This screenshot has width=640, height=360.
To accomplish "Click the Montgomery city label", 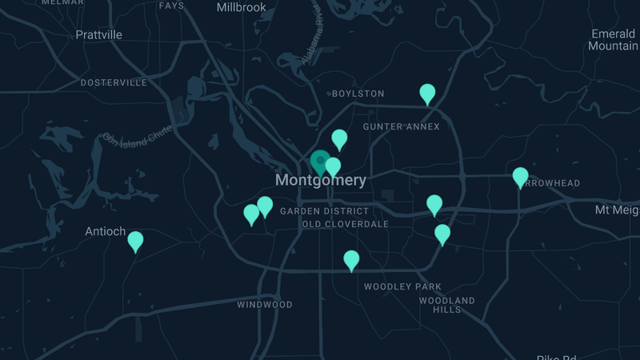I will pos(321,181).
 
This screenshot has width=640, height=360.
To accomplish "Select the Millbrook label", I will pos(241,7).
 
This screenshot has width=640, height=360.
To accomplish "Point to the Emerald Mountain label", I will pos(613,40).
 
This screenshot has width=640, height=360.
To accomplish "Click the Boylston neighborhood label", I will pos(358,94).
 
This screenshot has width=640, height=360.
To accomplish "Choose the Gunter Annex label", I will pos(401,126).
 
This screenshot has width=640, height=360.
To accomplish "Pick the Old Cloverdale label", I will pos(345,224).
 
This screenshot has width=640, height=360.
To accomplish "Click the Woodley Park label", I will pos(402,286).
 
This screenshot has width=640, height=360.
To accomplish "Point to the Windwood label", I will pos(265,305).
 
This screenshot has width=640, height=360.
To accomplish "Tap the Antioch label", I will pos(106,232).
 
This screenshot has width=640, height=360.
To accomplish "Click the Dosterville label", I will pos(114,82).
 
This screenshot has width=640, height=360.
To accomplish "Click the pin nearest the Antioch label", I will pos(135,241).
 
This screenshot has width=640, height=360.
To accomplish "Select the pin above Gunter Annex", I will pos(428,94).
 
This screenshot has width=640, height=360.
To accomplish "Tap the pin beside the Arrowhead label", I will pos(520,176).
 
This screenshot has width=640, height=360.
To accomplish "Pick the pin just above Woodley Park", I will pos(351,260).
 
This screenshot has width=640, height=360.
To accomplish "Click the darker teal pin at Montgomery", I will pos(320,161).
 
